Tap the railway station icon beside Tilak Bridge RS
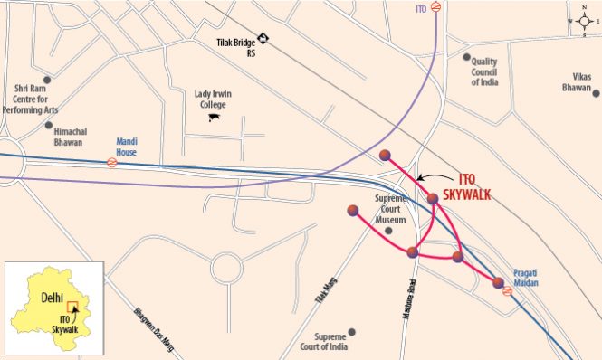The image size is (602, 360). pos(263,37)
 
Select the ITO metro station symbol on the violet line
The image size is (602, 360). pos(436,8)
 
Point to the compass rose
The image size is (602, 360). pos(582,21)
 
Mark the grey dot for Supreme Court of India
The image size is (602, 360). pos(352,332)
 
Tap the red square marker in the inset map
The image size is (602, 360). pos(75,308)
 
